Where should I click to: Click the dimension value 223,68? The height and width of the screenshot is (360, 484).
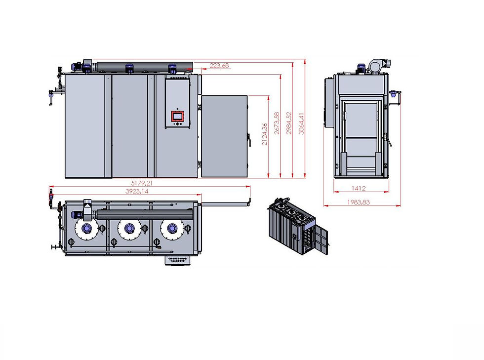point(219,65)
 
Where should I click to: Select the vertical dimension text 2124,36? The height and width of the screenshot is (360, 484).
point(265,134)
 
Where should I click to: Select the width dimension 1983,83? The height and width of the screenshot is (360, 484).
point(359,201)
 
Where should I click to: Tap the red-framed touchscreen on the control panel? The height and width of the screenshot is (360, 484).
point(177,117)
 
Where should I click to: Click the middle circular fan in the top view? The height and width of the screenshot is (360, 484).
point(129,228)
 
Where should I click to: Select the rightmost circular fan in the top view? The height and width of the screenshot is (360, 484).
point(172,228)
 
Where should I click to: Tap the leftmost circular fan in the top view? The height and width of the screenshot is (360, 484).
point(86,228)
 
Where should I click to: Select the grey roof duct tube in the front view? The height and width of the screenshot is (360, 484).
point(143,66)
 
